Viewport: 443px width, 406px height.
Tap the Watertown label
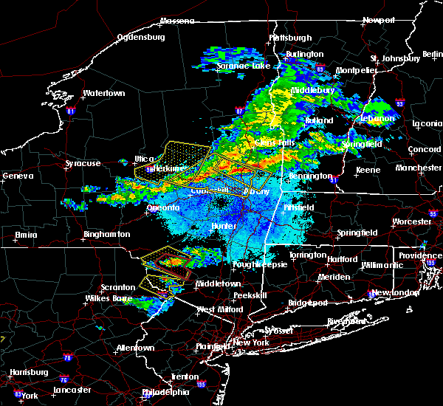click(x=104, y=94)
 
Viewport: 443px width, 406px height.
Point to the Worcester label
click(x=411, y=221)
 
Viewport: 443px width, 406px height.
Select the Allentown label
click(x=135, y=348)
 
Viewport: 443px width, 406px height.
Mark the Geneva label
click(x=18, y=176)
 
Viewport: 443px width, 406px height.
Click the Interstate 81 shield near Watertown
click(x=71, y=111)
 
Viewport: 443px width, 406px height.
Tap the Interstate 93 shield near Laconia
click(x=399, y=104)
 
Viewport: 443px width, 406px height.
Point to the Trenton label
click(x=185, y=376)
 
